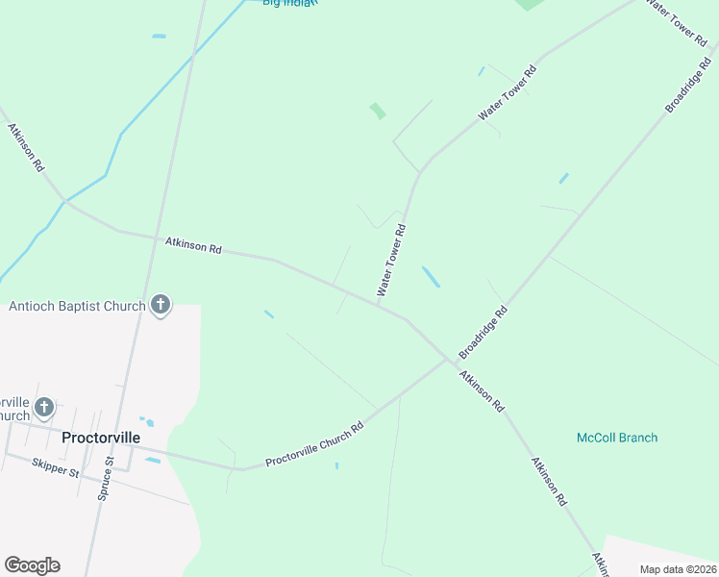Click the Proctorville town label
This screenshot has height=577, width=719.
[101, 438]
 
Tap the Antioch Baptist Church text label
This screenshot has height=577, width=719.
[77, 307]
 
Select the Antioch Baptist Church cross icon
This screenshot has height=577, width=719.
[161, 307]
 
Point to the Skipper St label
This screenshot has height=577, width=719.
[55, 467]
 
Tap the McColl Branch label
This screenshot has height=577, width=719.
[617, 438]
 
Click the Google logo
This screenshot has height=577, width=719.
[32, 565]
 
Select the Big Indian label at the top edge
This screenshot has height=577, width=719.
[289, 3]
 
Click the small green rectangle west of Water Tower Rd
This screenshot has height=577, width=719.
[378, 112]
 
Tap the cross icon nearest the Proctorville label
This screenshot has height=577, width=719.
[44, 408]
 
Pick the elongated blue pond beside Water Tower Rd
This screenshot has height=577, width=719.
[431, 277]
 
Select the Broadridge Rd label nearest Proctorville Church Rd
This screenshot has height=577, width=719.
[483, 330]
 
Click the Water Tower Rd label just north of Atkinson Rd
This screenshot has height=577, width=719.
[392, 260]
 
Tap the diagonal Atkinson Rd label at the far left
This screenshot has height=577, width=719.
[26, 147]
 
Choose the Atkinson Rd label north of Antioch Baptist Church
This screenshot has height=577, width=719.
[193, 246]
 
